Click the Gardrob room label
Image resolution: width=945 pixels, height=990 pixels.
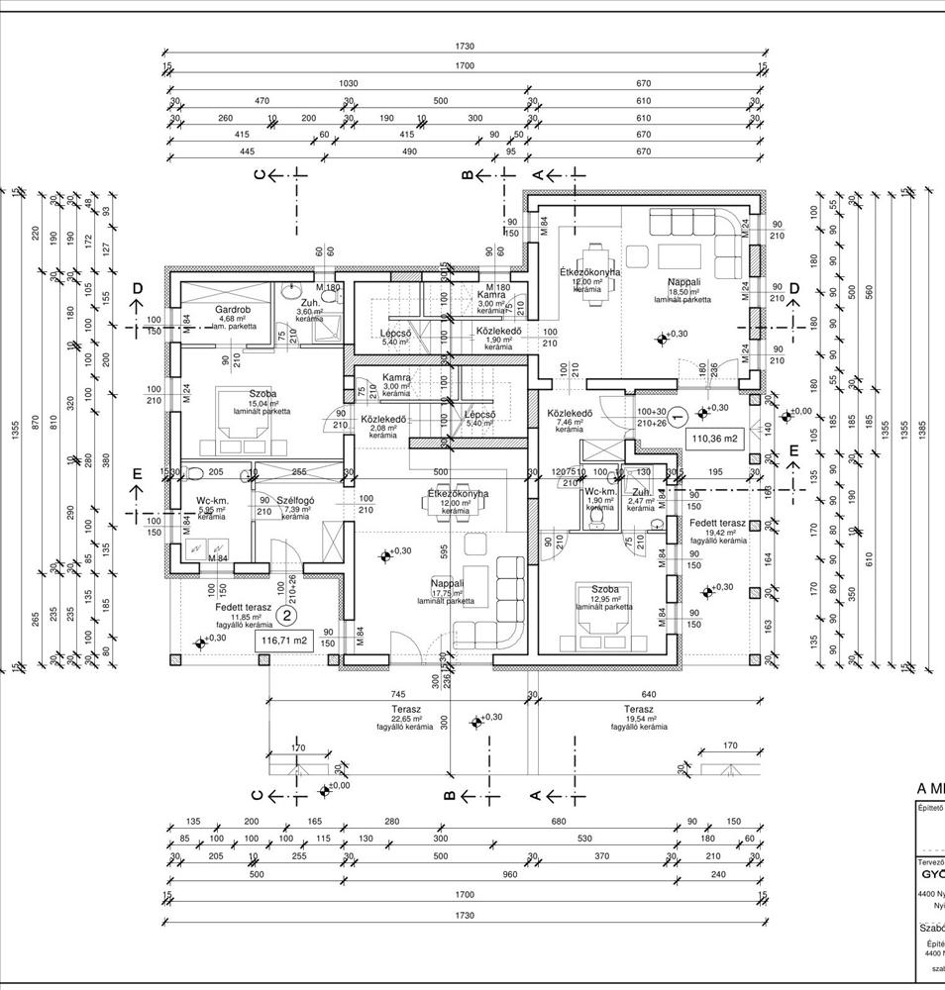click(x=230, y=309)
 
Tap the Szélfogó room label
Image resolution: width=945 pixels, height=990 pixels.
click(x=295, y=501)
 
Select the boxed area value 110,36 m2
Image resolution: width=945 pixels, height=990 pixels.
click(x=715, y=438)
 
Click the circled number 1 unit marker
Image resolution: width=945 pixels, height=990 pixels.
click(x=678, y=416)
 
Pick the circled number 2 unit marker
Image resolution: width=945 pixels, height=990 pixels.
click(x=286, y=615)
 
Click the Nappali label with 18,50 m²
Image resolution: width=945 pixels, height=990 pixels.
click(x=682, y=282)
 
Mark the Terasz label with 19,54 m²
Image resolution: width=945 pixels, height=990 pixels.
click(x=638, y=710)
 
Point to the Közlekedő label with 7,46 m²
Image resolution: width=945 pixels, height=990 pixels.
click(x=569, y=413)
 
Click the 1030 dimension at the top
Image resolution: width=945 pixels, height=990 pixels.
click(x=346, y=83)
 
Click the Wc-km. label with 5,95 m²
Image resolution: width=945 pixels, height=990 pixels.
click(x=212, y=501)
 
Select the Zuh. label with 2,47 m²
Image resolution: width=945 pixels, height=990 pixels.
click(x=642, y=491)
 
